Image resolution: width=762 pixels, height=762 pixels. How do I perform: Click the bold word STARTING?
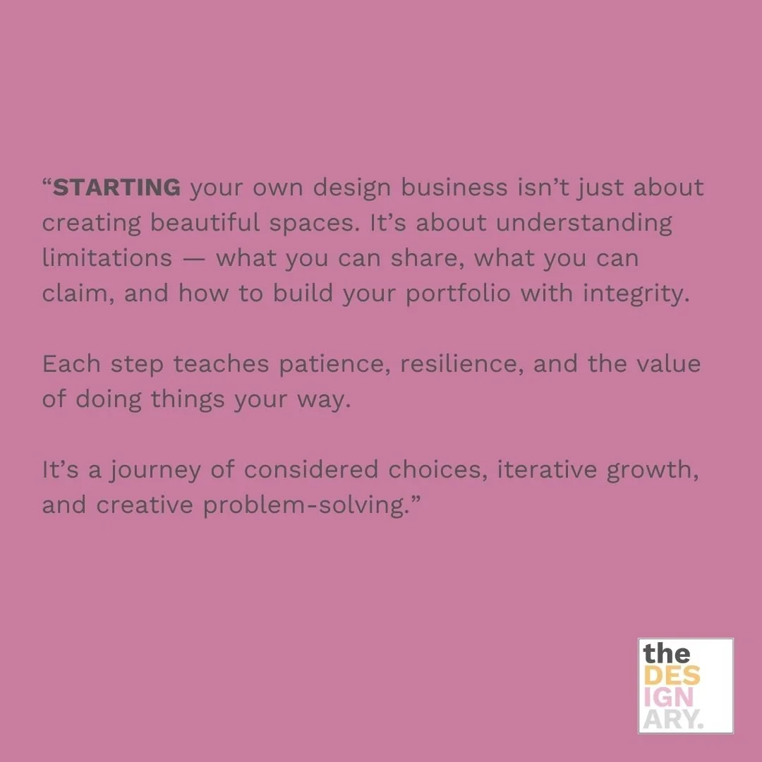pyautogui.click(x=117, y=188)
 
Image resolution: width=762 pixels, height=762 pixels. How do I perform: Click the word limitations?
pyautogui.click(x=107, y=258)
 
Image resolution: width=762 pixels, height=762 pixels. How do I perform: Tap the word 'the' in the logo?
pyautogui.click(x=667, y=653)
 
